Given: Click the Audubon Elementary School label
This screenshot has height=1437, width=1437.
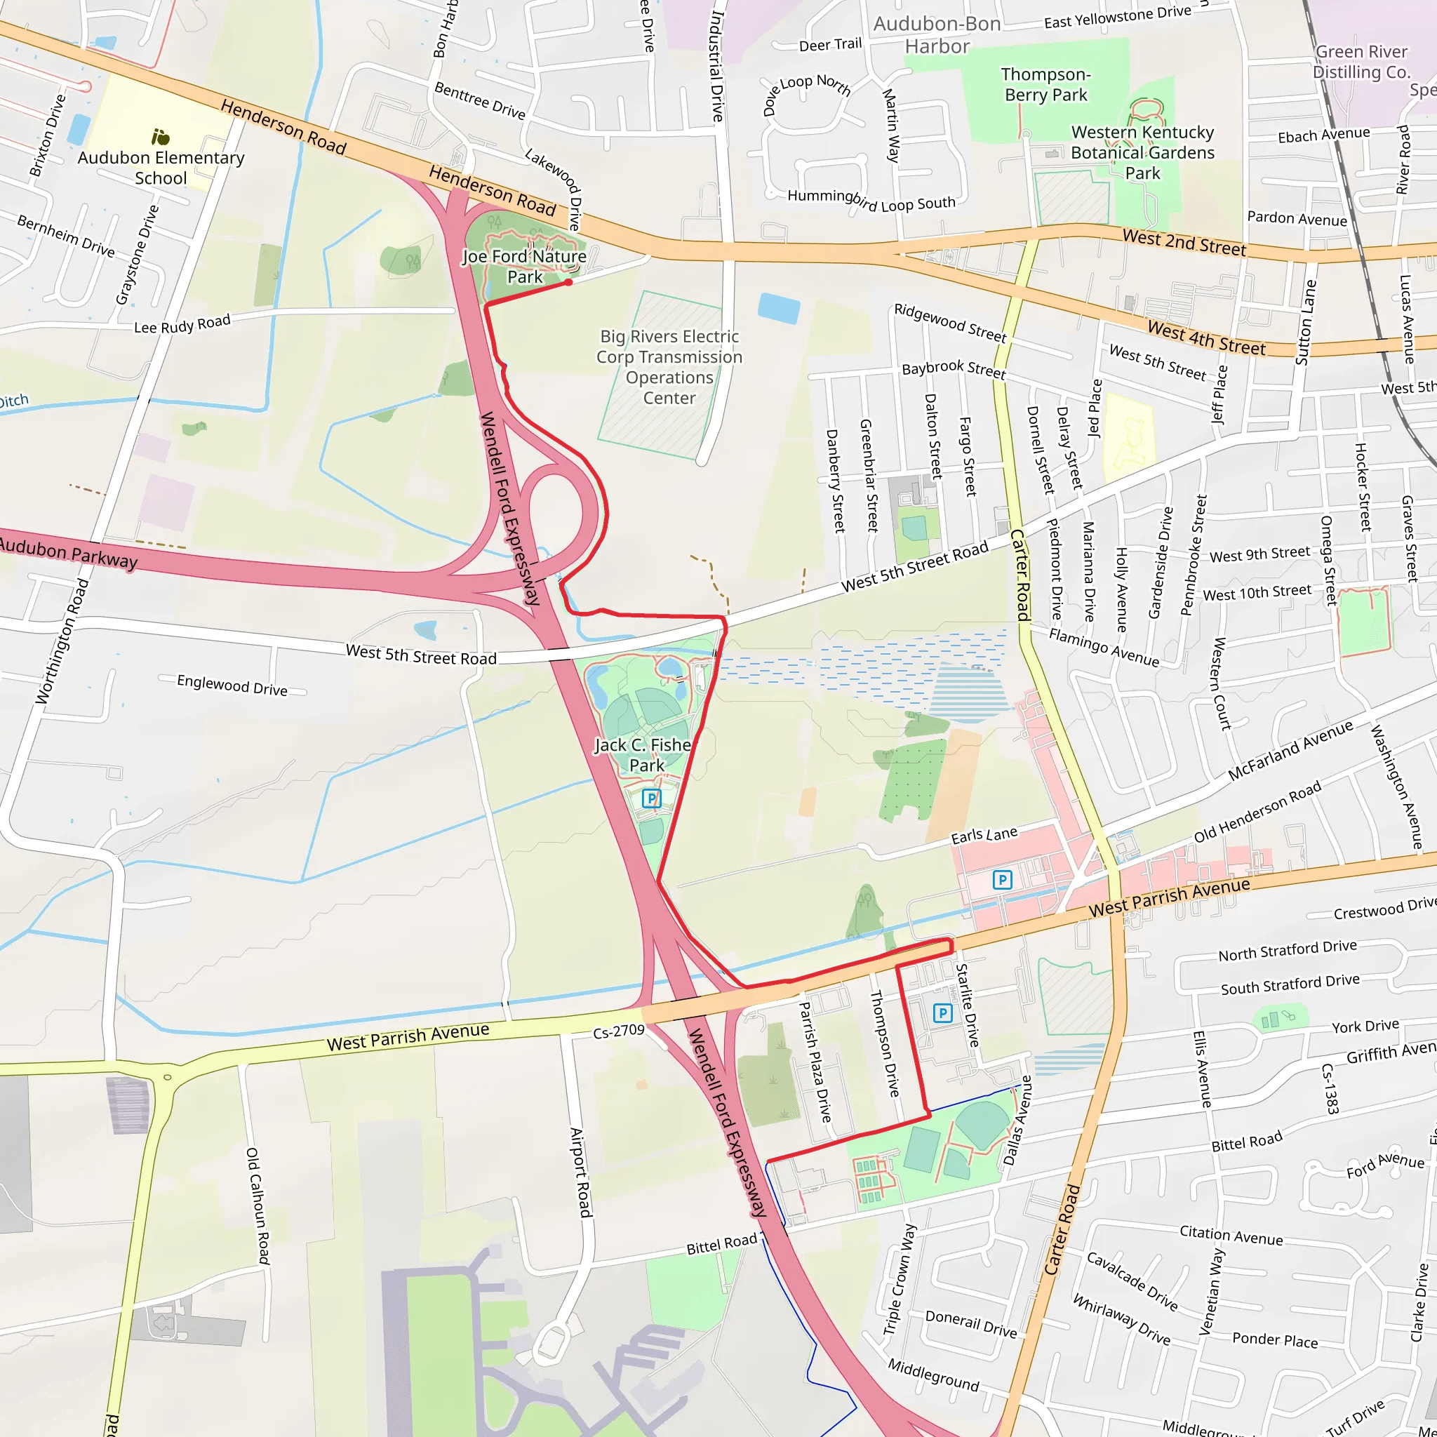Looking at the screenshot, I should pyautogui.click(x=161, y=168).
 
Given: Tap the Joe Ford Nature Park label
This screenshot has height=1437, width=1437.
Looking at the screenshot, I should pyautogui.click(x=524, y=266).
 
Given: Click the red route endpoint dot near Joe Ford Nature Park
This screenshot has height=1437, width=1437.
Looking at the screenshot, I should pyautogui.click(x=568, y=283).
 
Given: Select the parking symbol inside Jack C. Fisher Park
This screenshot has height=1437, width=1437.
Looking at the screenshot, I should pyautogui.click(x=652, y=798).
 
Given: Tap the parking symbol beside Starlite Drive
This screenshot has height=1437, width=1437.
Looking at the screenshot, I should pyautogui.click(x=942, y=1013).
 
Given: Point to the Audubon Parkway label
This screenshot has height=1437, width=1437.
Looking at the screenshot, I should pyautogui.click(x=69, y=554).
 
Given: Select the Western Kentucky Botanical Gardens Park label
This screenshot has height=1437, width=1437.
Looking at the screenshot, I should pyautogui.click(x=1142, y=152).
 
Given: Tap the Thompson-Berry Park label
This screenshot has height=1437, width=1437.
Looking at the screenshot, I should pyautogui.click(x=1045, y=84).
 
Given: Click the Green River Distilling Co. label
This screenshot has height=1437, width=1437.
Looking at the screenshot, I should pyautogui.click(x=1361, y=62).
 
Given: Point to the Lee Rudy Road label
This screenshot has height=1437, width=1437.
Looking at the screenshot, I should pyautogui.click(x=182, y=324).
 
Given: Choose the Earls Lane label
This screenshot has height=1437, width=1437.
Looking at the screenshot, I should pyautogui.click(x=984, y=835).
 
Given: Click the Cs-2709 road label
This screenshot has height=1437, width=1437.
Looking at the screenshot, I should pyautogui.click(x=618, y=1031).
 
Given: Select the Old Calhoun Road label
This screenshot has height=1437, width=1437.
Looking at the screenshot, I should pyautogui.click(x=258, y=1205).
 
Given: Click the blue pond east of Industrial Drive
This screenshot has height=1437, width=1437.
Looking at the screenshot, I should pyautogui.click(x=779, y=308).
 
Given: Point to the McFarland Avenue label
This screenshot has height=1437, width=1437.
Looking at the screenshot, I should pyautogui.click(x=1290, y=751).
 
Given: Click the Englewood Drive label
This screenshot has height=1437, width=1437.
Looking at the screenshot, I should pyautogui.click(x=232, y=685).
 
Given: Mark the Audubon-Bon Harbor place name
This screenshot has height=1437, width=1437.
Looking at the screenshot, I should pyautogui.click(x=937, y=35).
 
